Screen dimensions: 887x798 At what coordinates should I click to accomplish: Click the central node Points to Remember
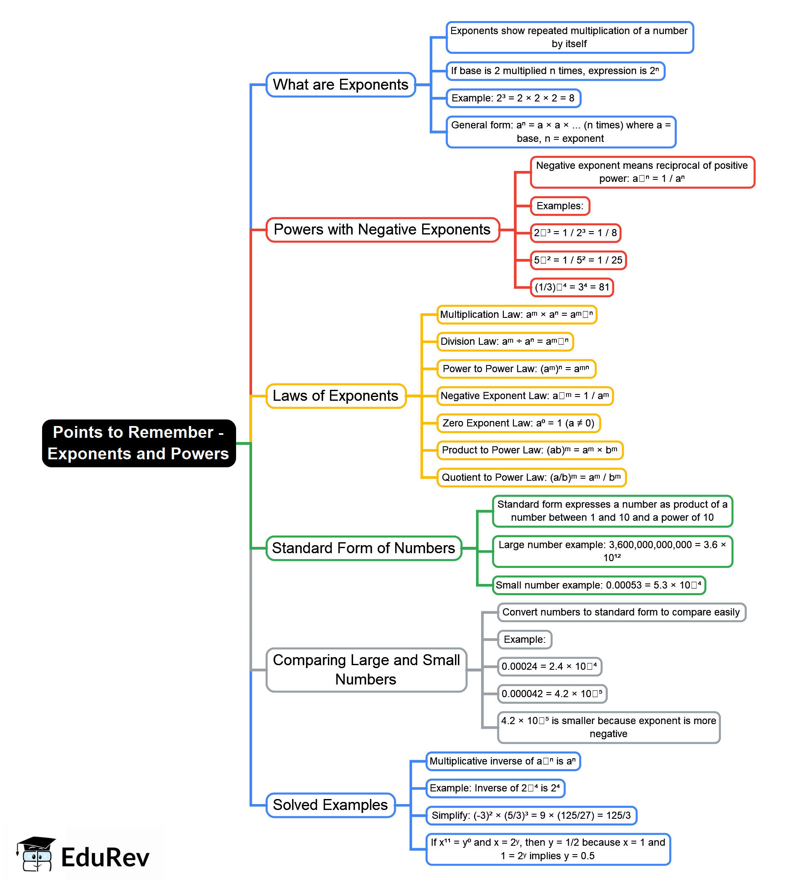click(x=138, y=443)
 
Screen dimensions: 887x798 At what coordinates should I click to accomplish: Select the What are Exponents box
click(x=340, y=85)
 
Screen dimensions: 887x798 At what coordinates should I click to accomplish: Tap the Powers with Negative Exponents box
click(x=382, y=229)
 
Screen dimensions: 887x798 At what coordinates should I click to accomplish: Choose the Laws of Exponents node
click(x=335, y=395)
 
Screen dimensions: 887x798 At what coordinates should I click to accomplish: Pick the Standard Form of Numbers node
click(x=364, y=548)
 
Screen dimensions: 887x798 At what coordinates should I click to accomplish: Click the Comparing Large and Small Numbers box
click(x=366, y=669)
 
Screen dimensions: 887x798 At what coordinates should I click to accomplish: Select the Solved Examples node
click(x=330, y=804)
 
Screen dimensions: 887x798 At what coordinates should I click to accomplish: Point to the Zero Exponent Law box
click(x=518, y=423)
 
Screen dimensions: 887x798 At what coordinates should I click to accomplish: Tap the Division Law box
click(x=505, y=341)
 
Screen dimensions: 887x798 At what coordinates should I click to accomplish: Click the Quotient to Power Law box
click(x=531, y=477)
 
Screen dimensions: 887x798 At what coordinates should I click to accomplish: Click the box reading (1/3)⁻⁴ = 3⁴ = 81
click(x=571, y=287)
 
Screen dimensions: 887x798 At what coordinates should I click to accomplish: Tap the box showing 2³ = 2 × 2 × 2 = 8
click(x=513, y=98)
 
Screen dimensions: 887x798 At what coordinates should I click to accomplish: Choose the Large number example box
click(x=612, y=551)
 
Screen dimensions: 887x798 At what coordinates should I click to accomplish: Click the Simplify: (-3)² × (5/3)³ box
click(x=531, y=815)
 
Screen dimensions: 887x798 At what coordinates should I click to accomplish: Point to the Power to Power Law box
click(x=516, y=368)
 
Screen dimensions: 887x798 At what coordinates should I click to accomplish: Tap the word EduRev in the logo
click(x=105, y=858)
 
